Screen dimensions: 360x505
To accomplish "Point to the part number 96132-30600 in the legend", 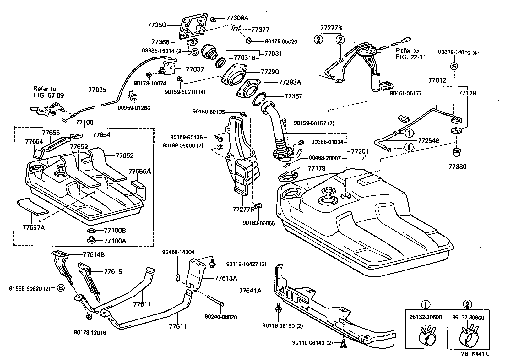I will (x=425, y=317).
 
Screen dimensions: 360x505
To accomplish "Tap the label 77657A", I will (x=33, y=227).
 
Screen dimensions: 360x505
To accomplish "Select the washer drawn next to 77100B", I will (x=91, y=231).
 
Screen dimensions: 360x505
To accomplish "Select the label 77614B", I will (x=94, y=255).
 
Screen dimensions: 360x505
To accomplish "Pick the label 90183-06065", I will (x=258, y=223).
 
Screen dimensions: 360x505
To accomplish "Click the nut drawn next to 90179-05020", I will (x=248, y=41).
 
